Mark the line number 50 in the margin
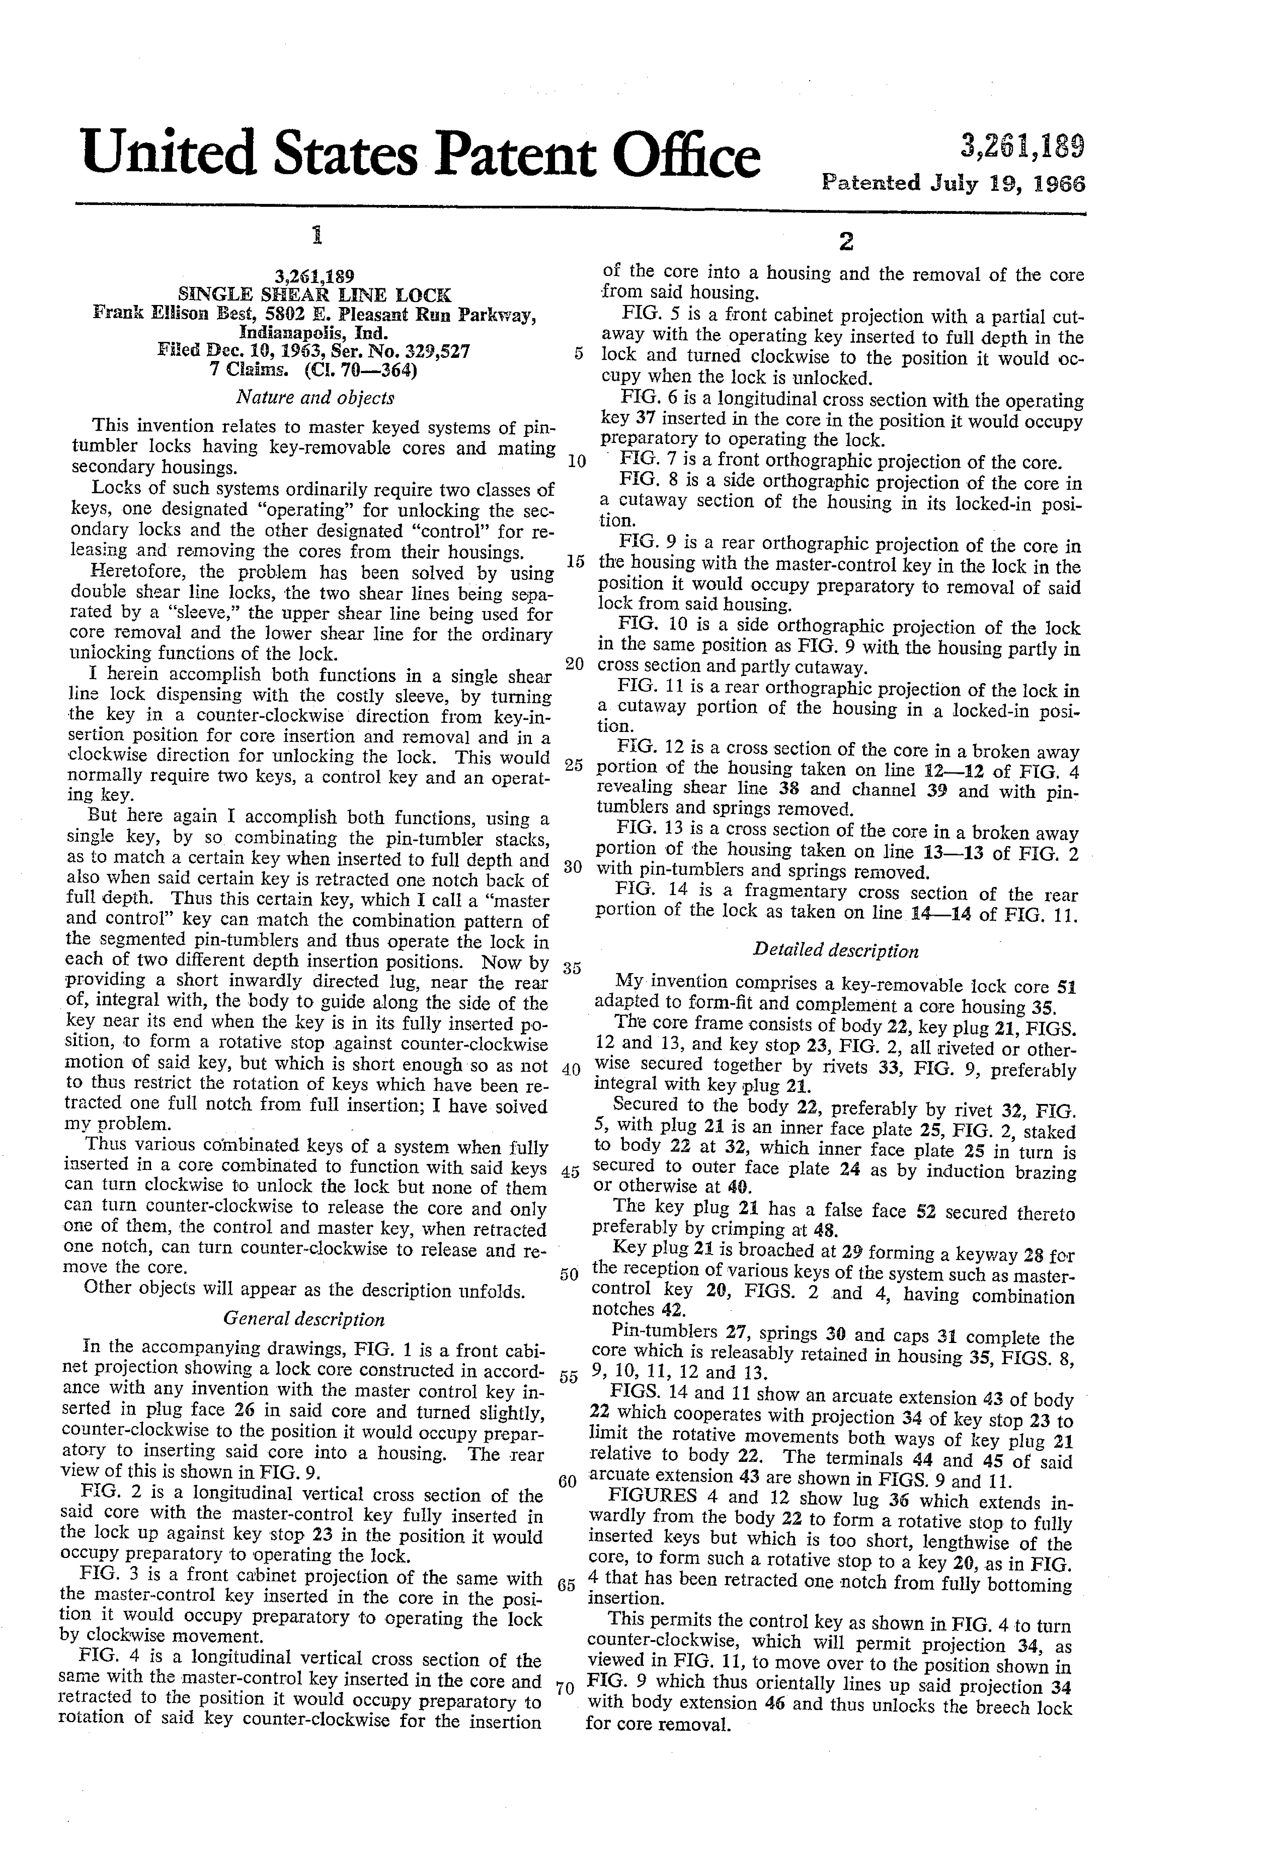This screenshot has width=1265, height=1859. pyautogui.click(x=569, y=1273)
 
